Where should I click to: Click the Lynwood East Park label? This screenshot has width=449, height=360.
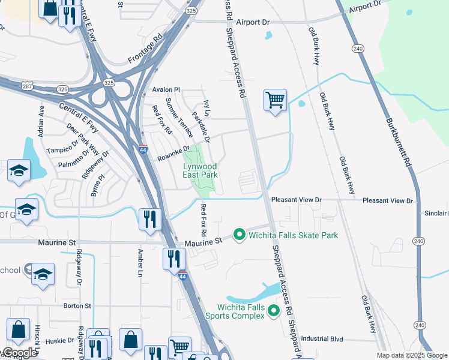point(200,170)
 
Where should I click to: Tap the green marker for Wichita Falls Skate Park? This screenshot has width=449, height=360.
point(239,234)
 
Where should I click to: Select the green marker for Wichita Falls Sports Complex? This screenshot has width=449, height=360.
point(274,310)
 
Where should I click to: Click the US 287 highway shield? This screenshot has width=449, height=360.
point(28,86)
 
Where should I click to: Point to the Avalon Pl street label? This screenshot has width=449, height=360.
point(166,90)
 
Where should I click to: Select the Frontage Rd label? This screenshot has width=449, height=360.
point(145,52)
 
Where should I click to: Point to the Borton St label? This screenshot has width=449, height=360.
point(77,305)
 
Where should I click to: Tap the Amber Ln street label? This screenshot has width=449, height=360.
point(140,262)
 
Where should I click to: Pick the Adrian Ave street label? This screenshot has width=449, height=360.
point(41,122)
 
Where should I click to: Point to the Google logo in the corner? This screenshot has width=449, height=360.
point(20,353)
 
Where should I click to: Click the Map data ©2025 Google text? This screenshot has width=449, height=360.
point(411,355)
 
